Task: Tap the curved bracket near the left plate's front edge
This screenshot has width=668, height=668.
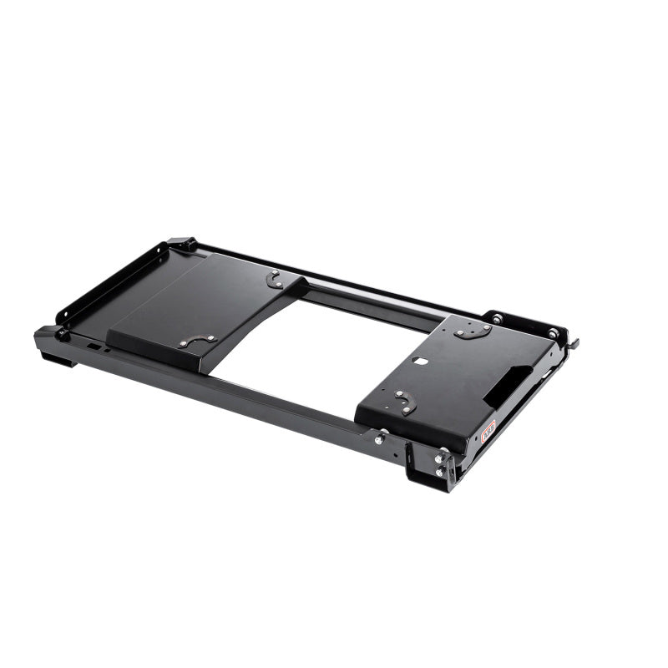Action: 198,340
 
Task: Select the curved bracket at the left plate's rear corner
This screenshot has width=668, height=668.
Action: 275,279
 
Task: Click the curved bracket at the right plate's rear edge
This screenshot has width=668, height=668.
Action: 473,331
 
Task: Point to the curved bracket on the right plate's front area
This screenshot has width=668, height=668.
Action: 405,402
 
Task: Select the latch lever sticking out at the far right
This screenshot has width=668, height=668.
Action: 574,342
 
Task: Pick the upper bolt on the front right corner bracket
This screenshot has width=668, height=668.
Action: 440,458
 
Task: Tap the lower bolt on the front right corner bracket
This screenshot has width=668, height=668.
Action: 438,472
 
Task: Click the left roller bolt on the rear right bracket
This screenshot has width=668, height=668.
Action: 496,319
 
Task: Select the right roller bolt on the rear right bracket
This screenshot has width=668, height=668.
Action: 552,333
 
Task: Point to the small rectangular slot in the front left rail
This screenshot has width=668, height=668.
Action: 94,346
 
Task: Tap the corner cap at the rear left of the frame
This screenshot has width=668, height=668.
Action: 181,244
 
